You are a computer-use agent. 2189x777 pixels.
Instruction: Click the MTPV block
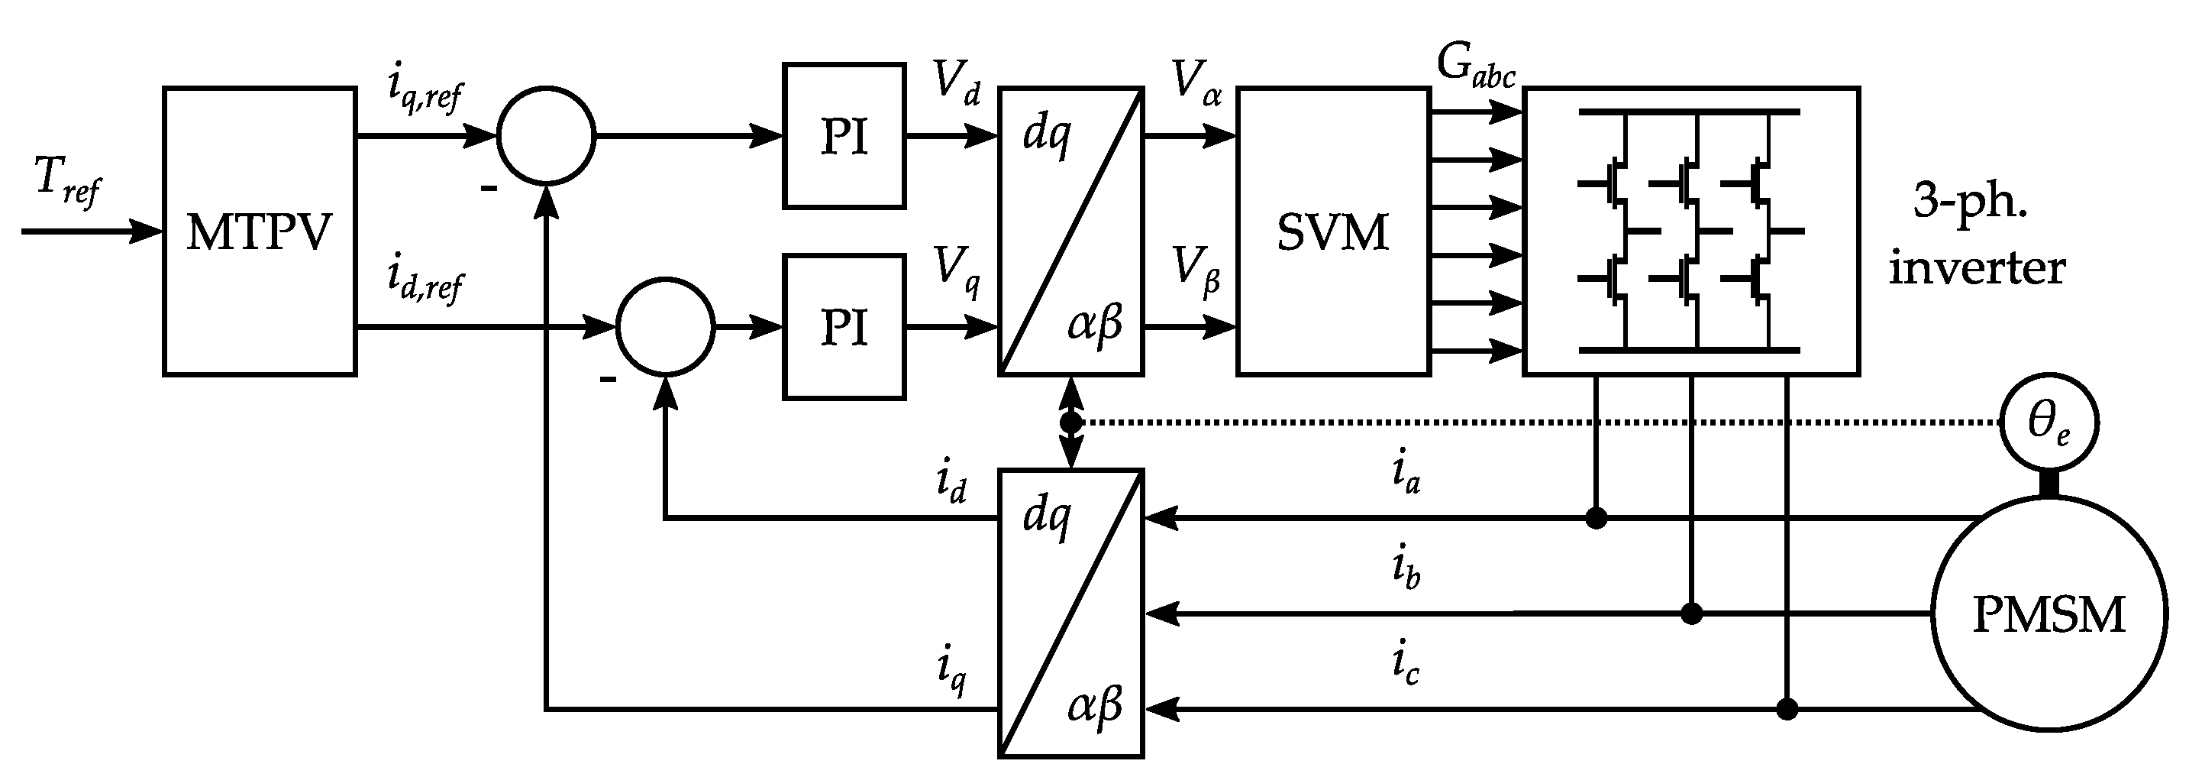259,231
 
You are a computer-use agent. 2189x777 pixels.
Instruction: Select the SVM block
1332,231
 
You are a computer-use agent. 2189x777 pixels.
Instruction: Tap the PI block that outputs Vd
844,136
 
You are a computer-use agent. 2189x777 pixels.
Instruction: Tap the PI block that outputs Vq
844,326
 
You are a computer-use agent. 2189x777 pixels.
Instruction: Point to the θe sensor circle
2049,422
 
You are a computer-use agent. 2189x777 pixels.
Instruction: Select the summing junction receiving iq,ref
547,135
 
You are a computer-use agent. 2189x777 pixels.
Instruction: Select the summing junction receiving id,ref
665,326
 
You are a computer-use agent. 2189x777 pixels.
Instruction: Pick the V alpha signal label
1196,83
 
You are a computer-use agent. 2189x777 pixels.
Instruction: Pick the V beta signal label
1196,270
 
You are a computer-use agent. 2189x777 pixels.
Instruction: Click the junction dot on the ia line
1596,518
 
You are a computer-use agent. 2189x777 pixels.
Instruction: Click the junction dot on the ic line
1787,709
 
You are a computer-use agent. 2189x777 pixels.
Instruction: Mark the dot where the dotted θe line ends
1070,422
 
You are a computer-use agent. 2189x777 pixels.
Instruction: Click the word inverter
1977,269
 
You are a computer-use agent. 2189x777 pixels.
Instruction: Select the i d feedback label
951,484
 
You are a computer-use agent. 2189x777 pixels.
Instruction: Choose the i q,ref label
424,89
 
